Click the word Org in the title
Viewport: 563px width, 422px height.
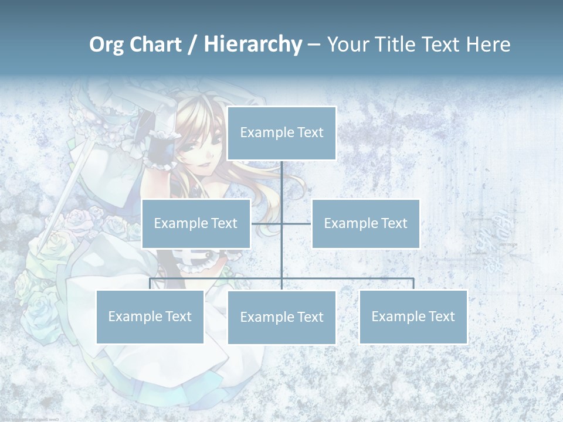(x=107, y=45)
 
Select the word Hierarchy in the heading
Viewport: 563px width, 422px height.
(x=253, y=45)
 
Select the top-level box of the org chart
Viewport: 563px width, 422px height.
(x=281, y=133)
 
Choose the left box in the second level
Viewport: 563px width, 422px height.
(x=196, y=223)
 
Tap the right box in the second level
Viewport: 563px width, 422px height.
(x=365, y=223)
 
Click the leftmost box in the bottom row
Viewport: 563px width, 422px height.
(x=150, y=316)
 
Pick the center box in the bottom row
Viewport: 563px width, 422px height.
(x=281, y=317)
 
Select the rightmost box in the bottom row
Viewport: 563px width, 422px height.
(x=413, y=316)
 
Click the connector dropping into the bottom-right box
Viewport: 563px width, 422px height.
(x=413, y=284)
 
